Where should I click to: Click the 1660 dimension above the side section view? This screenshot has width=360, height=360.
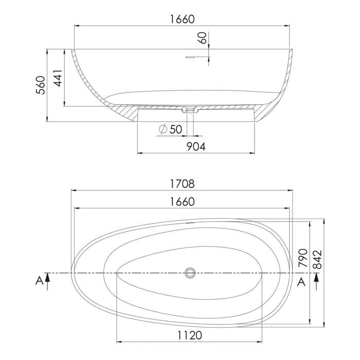click(x=182, y=19)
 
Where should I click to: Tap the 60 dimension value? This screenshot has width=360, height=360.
click(x=202, y=38)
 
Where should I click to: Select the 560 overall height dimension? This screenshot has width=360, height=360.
click(x=41, y=85)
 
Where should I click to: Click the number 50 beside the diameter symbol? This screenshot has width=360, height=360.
click(x=175, y=130)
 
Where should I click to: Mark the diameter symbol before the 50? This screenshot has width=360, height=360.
click(x=163, y=130)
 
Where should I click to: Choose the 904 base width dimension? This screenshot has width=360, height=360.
click(x=195, y=147)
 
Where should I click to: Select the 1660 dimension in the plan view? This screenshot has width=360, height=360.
click(x=182, y=202)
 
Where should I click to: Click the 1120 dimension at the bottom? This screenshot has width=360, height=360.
click(x=188, y=335)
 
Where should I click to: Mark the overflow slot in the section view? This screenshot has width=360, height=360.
click(x=190, y=57)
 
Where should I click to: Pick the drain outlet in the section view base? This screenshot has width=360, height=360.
click(x=190, y=110)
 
